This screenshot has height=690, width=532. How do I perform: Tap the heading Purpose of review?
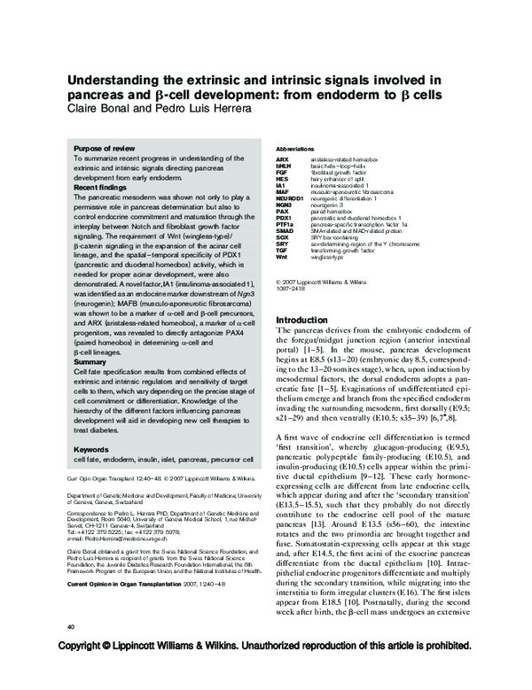[105, 148]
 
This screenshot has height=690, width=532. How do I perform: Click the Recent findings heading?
[102, 187]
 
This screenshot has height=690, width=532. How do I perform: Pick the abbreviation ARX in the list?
[283, 159]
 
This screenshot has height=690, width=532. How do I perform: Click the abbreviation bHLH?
[284, 165]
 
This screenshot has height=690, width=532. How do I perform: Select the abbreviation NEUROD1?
[289, 200]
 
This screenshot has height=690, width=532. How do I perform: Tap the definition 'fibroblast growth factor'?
[348, 171]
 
